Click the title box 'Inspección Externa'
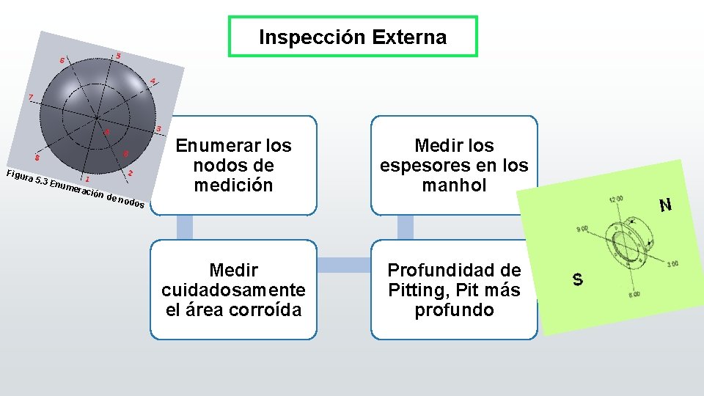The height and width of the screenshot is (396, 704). tap(353, 37)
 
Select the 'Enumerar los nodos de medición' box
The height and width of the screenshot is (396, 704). tap(233, 166)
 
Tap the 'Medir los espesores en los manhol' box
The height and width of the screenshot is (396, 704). tap(453, 166)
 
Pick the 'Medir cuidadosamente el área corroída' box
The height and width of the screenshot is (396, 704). tap(233, 290)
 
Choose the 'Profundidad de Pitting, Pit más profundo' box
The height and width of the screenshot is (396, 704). tap(453, 290)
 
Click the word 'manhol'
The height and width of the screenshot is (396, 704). tap(454, 186)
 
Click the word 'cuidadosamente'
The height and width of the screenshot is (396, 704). tap(233, 290)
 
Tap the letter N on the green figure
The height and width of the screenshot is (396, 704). tap(665, 205)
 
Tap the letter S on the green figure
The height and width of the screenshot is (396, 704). tap(578, 279)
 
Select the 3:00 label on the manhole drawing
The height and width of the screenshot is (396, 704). tap(672, 264)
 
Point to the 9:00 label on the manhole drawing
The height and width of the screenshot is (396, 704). tap(584, 230)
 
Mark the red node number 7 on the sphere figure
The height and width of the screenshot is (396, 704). tap(30, 98)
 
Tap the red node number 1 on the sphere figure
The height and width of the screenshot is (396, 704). tap(88, 178)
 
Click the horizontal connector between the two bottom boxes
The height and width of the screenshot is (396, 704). tap(344, 263)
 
